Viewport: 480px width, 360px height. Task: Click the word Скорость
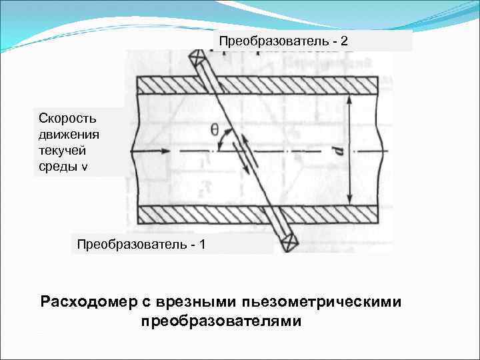[67, 118]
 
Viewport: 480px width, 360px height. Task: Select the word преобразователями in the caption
[221, 321]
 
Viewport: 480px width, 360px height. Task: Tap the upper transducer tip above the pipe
[198, 57]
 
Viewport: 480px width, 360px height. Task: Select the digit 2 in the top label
[343, 41]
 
